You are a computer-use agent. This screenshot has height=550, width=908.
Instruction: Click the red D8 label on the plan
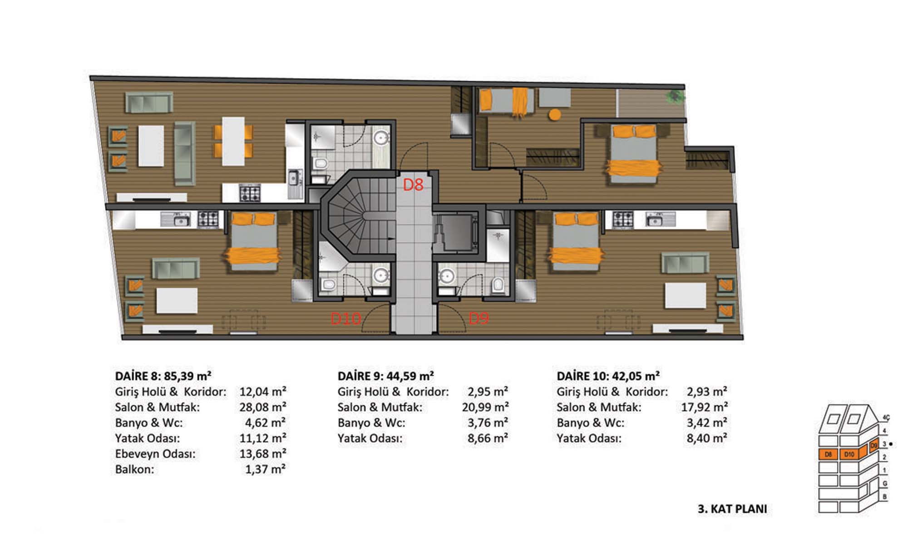click(413, 185)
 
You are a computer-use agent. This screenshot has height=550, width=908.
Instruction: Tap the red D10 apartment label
click(346, 319)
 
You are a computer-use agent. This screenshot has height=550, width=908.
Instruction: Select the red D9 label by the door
click(479, 318)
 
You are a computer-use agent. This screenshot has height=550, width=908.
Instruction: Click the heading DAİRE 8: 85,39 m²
click(163, 376)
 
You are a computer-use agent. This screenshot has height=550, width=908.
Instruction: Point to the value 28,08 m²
click(263, 407)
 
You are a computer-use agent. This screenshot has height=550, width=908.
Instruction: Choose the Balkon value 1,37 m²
click(266, 469)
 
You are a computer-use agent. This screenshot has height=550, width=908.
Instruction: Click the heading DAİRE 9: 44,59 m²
click(385, 376)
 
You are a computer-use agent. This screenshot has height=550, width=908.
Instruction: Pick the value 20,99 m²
click(485, 407)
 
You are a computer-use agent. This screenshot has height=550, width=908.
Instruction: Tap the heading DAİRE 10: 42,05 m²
click(608, 376)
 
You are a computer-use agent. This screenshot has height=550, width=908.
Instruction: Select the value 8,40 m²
click(707, 438)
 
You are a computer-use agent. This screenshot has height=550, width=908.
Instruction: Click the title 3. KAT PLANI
click(732, 509)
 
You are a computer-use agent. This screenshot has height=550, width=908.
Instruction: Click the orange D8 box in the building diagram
click(828, 454)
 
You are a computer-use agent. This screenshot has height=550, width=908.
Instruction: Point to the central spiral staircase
click(359, 216)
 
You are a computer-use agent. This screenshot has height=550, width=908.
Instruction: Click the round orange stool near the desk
click(554, 114)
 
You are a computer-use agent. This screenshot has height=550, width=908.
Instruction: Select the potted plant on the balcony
click(676, 96)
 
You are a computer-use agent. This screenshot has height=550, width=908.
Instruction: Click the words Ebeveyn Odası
click(155, 453)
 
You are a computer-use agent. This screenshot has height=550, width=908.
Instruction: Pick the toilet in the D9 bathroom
click(498, 285)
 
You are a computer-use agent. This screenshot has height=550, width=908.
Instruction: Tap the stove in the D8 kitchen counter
click(250, 193)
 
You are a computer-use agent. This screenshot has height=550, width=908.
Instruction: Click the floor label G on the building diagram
click(885, 483)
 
